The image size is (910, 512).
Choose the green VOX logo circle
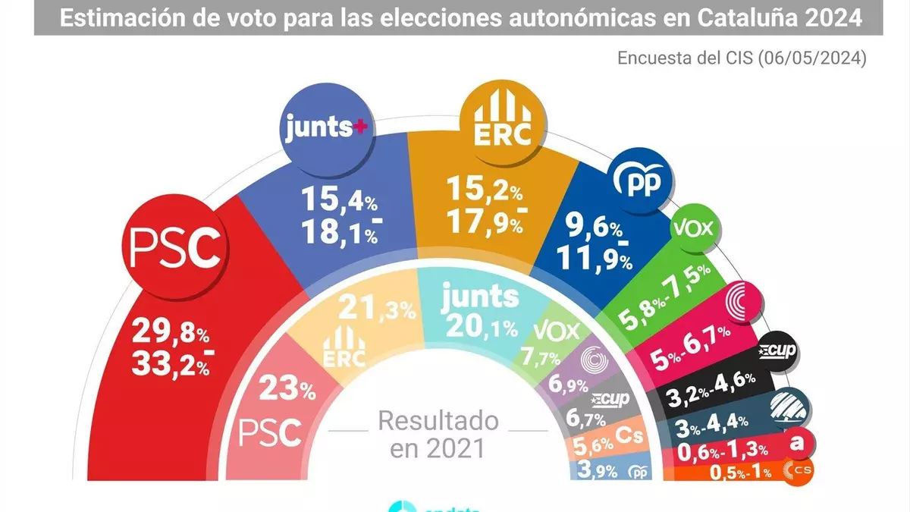click(x=693, y=228)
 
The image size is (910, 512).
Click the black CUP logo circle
click(x=774, y=352)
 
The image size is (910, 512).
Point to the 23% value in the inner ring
click(x=287, y=391)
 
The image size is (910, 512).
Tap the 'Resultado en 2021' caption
click(x=438, y=434)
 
